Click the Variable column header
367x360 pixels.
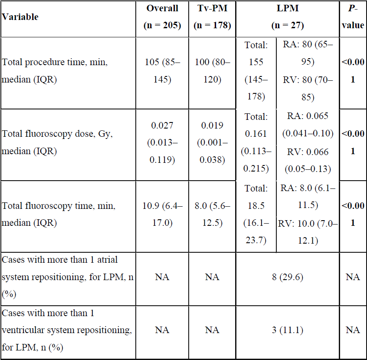[20, 17]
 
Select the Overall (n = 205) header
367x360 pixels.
[162, 17]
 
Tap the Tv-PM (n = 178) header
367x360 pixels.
[212, 17]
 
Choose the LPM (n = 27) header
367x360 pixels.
[288, 17]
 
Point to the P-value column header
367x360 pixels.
[353, 17]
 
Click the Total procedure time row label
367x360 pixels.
[55, 70]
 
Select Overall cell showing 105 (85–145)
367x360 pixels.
[162, 70]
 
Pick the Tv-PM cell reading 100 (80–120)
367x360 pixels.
[212, 70]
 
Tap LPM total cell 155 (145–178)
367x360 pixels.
[256, 70]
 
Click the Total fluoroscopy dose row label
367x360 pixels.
[57, 142]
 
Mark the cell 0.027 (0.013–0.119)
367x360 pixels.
[162, 142]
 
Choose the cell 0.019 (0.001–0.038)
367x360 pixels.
[212, 142]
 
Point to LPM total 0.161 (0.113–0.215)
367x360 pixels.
[256, 142]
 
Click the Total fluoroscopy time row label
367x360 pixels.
[59, 214]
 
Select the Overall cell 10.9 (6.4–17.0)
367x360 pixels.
[162, 214]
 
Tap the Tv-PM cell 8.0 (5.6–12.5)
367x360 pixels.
[212, 214]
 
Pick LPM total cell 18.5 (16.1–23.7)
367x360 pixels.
[256, 214]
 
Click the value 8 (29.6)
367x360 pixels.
[288, 277]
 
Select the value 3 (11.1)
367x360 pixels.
[288, 330]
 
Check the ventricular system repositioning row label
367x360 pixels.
[67, 330]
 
